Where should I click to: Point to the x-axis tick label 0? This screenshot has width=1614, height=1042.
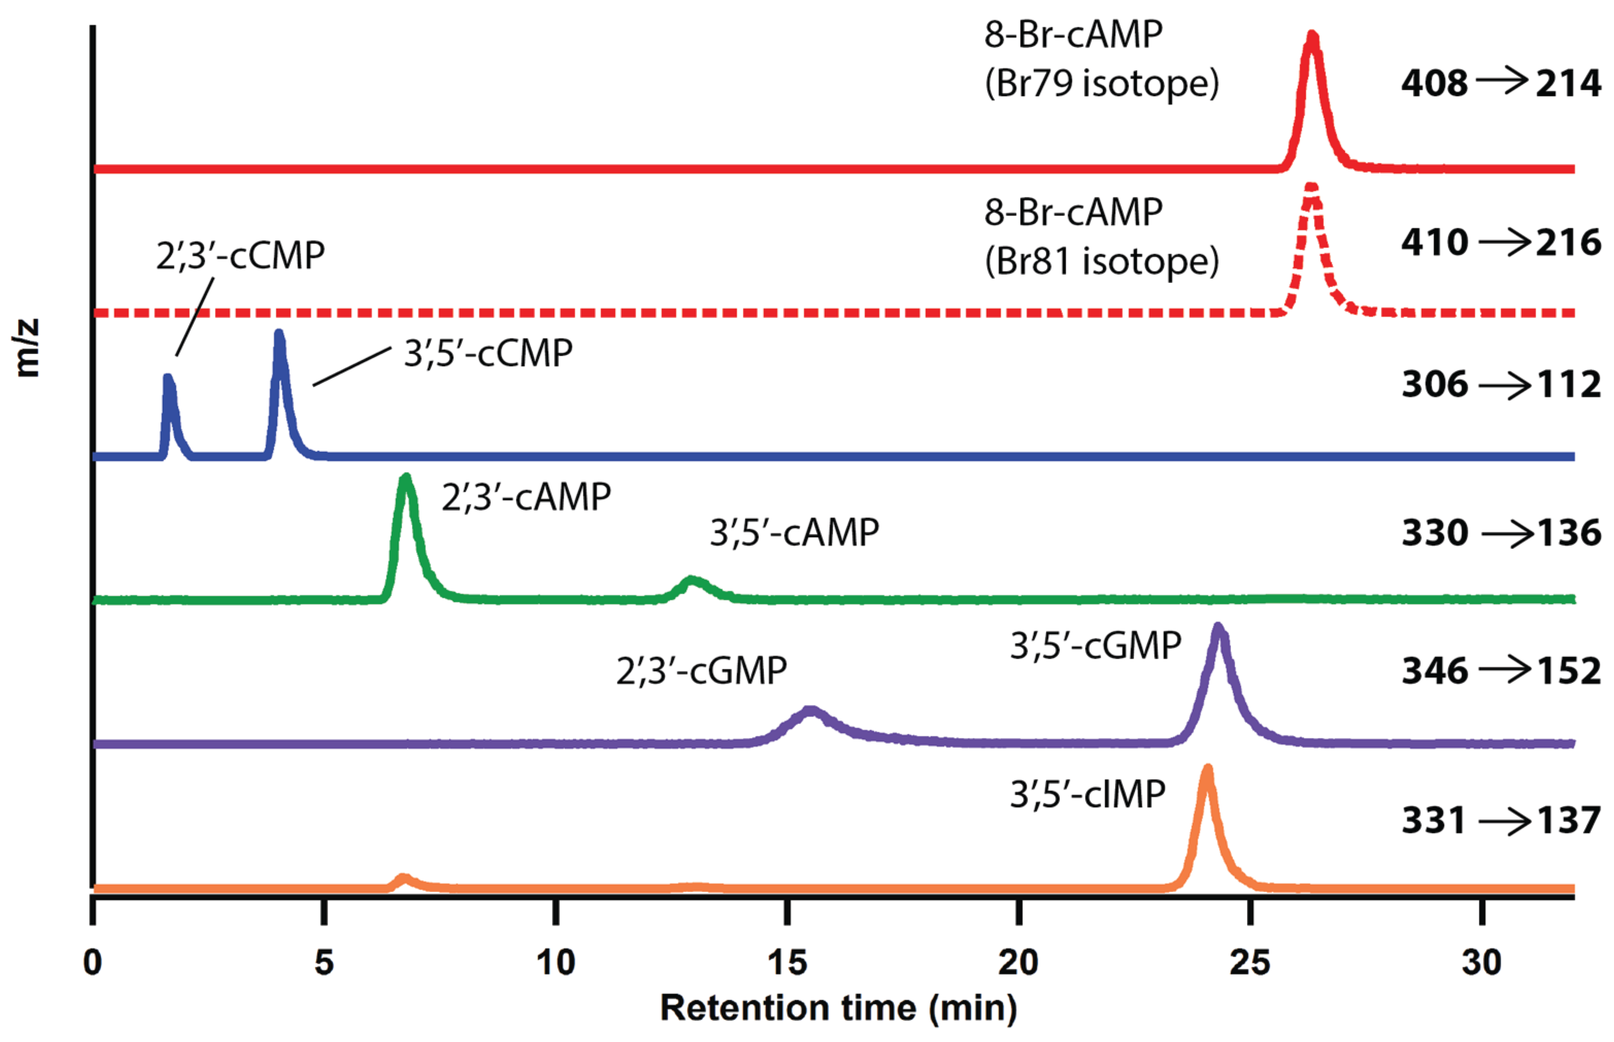click(x=93, y=962)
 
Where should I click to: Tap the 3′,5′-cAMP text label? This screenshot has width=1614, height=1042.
click(x=794, y=532)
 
